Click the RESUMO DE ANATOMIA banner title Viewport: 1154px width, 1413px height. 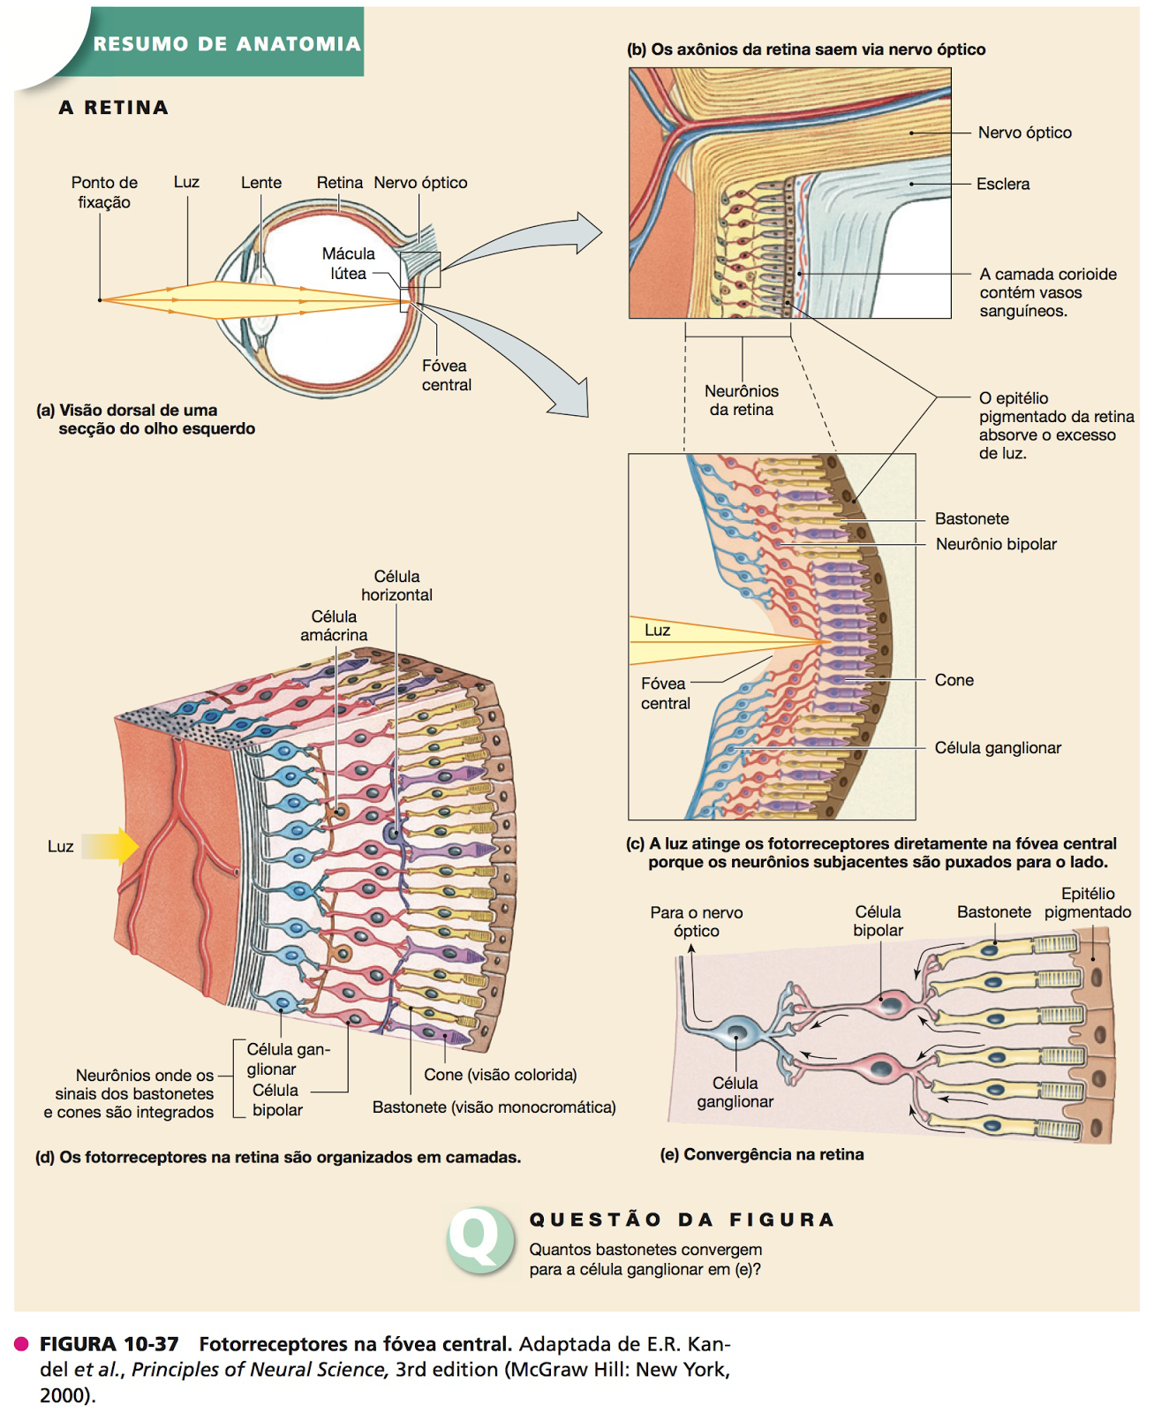(227, 43)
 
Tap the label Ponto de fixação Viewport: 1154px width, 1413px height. (104, 193)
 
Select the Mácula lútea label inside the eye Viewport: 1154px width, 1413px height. (348, 263)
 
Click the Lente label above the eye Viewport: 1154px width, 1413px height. (261, 183)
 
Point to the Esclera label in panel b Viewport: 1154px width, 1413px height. (1003, 184)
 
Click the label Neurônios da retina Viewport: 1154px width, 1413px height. (741, 400)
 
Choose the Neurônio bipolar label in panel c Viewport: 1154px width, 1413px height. (996, 544)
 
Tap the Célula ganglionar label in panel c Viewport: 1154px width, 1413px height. (998, 748)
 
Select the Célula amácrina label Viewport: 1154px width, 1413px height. (334, 625)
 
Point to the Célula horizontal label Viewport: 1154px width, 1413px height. (396, 586)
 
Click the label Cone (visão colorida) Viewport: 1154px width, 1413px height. (500, 1075)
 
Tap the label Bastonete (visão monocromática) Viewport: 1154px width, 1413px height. (494, 1107)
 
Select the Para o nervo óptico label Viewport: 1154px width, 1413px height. (696, 921)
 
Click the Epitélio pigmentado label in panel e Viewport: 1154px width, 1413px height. (1087, 903)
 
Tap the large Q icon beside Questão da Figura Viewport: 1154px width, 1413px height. (479, 1238)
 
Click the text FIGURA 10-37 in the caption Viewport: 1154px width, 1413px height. (109, 1344)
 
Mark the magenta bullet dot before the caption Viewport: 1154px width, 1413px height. (21, 1344)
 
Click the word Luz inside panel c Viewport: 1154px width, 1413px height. (657, 631)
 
